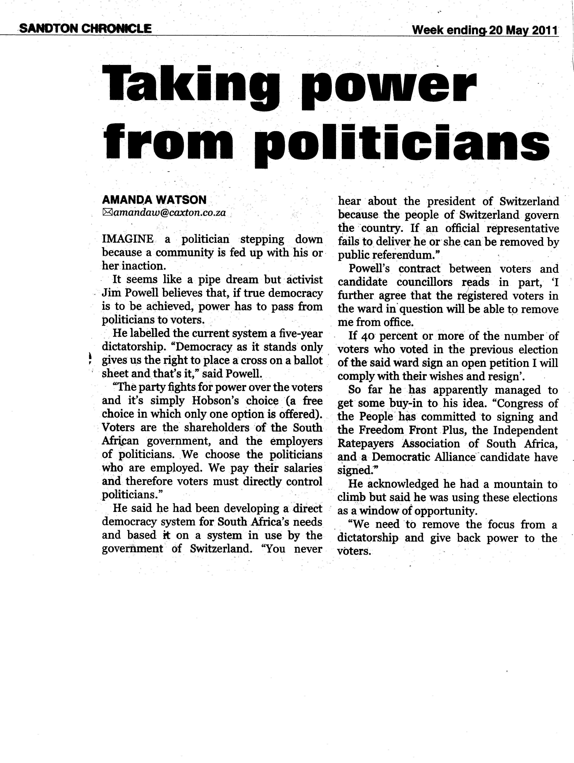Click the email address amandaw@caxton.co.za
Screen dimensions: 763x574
pos(170,213)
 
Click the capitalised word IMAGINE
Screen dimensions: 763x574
pos(127,239)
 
